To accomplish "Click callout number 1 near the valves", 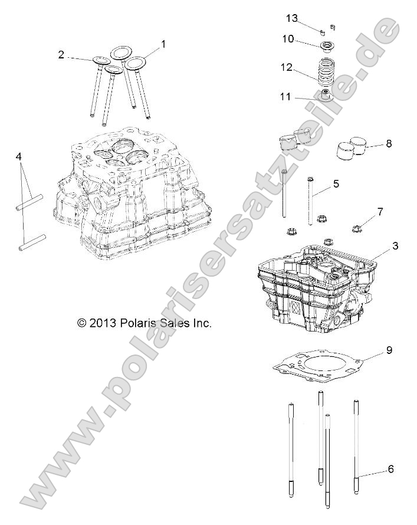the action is point(163,44).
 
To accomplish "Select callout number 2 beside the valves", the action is point(61,55).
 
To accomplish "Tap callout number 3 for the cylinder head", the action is point(378,245).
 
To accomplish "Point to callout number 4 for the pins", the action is point(19,157).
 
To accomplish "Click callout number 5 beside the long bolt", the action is point(336,183).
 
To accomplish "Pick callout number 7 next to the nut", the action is point(380,211).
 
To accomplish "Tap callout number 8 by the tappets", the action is point(388,143).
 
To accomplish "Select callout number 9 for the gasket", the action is point(389,350).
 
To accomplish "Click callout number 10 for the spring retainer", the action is point(288,39).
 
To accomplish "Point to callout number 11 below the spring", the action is point(285,97).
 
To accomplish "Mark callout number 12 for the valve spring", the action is point(287,68).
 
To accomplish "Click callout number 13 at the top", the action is point(292,18).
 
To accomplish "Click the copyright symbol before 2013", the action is point(83,323).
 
